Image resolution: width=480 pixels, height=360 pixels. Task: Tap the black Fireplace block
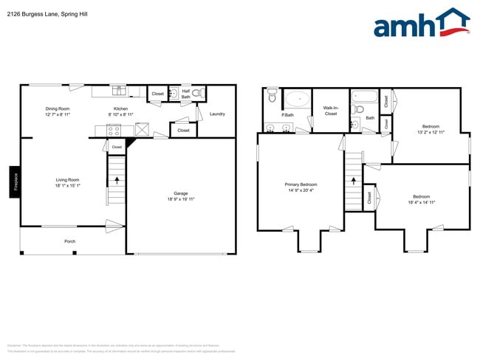pyautogui.click(x=14, y=181)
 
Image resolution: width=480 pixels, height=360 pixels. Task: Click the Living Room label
pyautogui.click(x=68, y=179)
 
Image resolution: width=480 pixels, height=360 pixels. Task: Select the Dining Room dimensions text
pyautogui.click(x=58, y=115)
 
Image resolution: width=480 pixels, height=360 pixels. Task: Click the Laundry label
pyautogui.click(x=217, y=114)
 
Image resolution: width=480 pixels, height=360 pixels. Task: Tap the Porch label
pyautogui.click(x=70, y=241)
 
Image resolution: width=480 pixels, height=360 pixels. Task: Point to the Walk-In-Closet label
pyautogui.click(x=330, y=111)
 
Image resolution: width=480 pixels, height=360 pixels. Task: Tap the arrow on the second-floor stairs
pyautogui.click(x=353, y=181)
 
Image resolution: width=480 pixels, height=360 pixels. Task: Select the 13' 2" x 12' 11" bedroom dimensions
pyautogui.click(x=431, y=131)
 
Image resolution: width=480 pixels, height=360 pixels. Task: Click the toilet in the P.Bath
pyautogui.click(x=272, y=95)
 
